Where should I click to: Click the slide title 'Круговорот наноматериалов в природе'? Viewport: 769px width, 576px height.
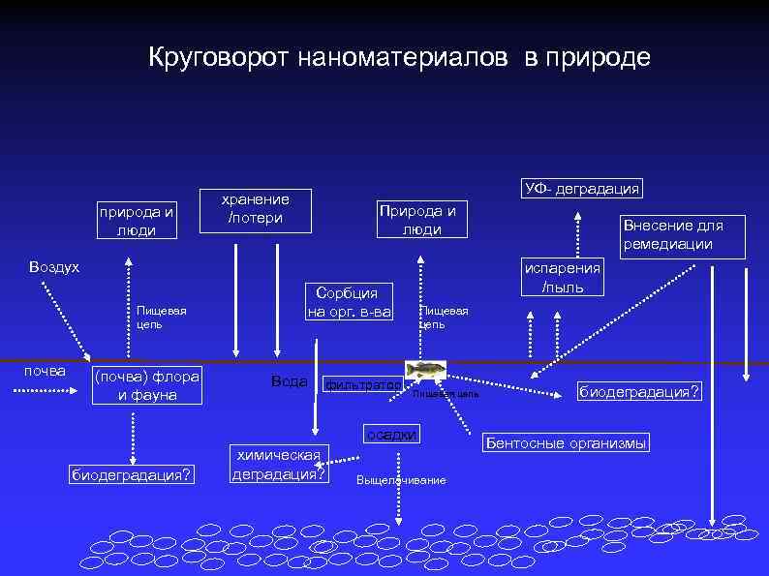(399, 58)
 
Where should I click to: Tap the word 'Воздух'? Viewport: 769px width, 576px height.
(54, 266)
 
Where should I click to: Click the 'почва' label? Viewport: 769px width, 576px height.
(45, 371)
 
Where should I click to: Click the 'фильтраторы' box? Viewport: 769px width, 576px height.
(362, 385)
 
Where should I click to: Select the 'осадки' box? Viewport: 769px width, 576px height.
(391, 436)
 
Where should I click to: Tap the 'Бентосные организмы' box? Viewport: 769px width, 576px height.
(566, 443)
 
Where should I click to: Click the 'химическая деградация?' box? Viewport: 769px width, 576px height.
(279, 464)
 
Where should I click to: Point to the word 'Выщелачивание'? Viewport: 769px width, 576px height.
(401, 481)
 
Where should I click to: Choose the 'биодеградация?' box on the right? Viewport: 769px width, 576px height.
(638, 391)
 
